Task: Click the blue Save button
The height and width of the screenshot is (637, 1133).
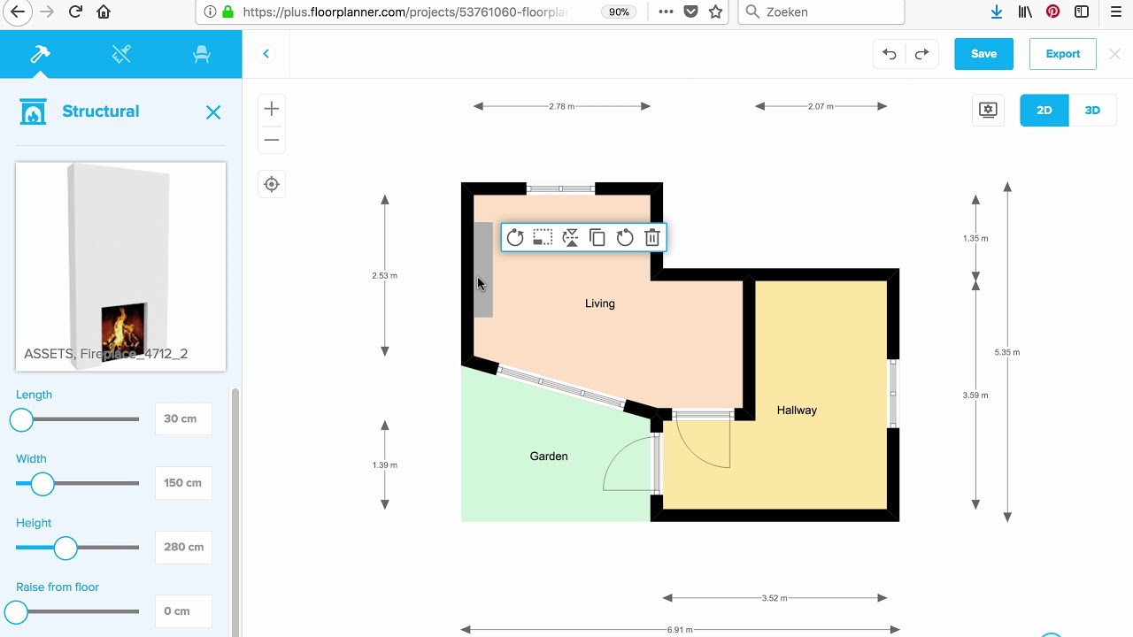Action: coord(983,54)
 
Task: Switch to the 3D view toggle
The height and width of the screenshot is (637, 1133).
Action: coord(1092,111)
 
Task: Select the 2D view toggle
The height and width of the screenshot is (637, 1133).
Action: coord(1044,111)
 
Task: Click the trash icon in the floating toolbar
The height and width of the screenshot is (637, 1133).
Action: coord(652,237)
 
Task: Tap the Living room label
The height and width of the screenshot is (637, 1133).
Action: coord(599,303)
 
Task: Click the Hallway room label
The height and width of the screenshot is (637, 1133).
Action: coord(797,411)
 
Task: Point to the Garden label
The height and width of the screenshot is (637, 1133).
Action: coord(549,457)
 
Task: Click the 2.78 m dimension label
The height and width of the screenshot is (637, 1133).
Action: coord(561,106)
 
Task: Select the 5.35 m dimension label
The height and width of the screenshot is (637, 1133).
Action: coord(1007,352)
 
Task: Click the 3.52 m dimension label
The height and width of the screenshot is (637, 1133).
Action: coord(775,598)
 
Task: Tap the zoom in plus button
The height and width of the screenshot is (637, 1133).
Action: coord(272,109)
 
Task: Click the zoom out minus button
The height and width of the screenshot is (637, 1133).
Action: coord(272,140)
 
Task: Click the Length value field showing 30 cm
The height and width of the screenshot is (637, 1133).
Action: coord(183,418)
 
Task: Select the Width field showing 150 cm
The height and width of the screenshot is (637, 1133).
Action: coord(183,483)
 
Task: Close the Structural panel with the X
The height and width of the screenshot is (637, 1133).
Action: coord(213,112)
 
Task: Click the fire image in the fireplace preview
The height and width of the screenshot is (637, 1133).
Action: coord(123,326)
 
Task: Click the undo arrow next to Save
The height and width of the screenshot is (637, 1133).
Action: coord(890,54)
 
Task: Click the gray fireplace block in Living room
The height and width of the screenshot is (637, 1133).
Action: coord(483,269)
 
